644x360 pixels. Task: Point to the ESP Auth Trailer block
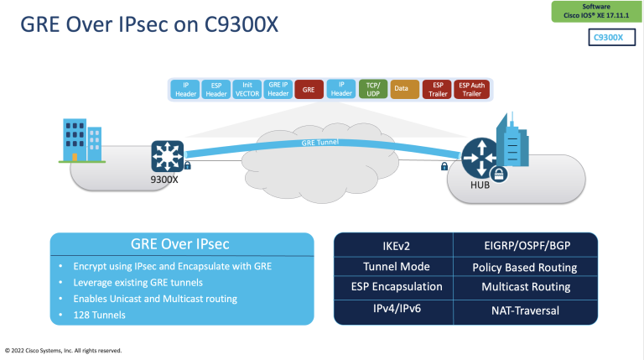470,89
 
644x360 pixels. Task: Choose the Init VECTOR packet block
247,89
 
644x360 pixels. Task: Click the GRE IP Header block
278,89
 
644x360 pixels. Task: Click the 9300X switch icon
167,157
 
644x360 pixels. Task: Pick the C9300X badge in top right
608,38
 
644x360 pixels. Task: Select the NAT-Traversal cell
525,310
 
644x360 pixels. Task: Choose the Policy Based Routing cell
525,268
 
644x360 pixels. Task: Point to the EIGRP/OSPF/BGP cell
525,247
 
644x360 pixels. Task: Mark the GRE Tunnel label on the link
321,143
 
